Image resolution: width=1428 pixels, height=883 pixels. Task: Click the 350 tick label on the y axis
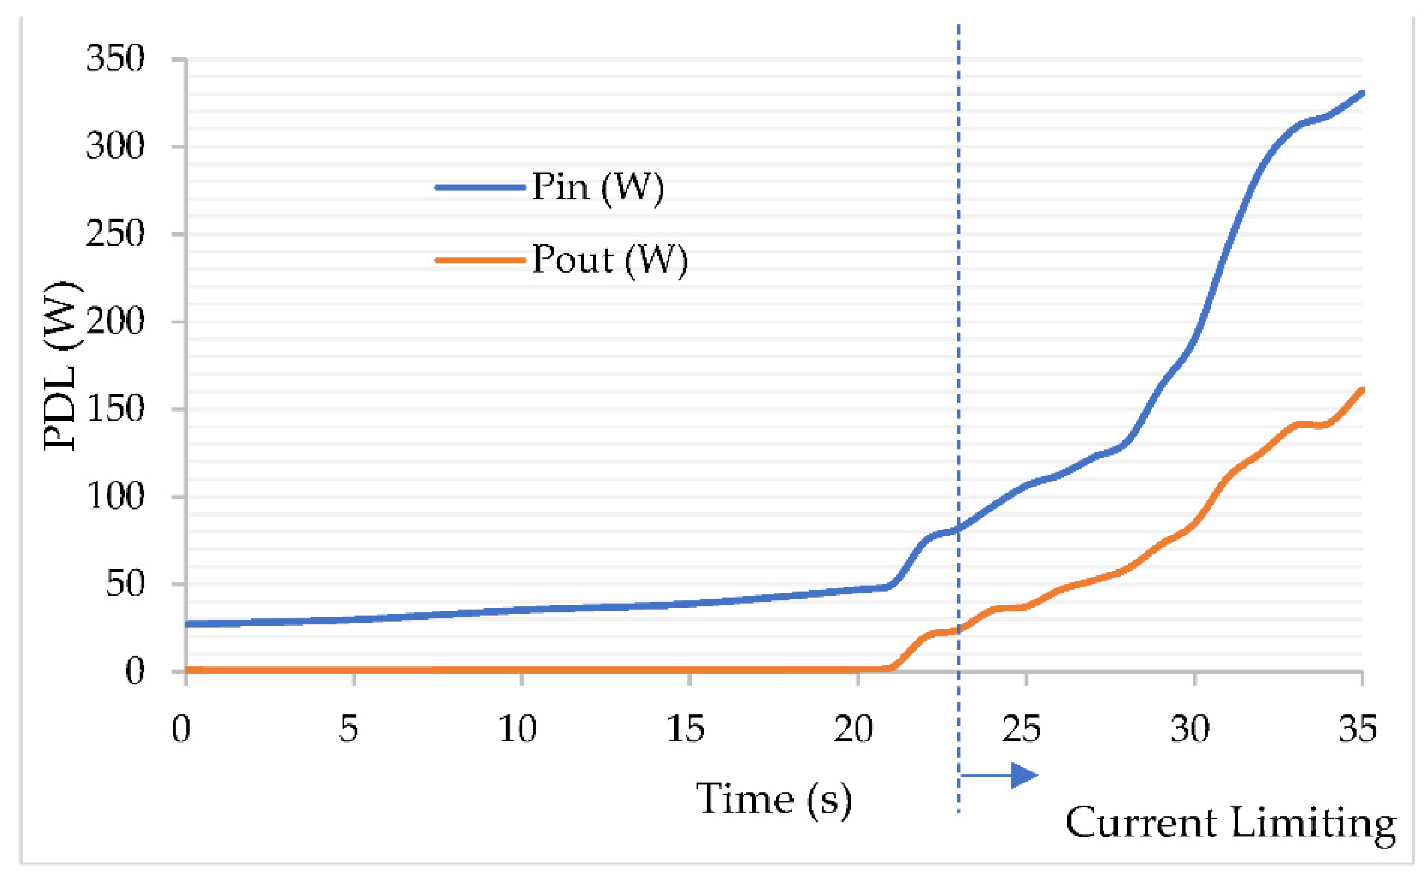click(x=115, y=58)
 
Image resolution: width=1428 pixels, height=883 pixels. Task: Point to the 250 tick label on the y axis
click(x=115, y=234)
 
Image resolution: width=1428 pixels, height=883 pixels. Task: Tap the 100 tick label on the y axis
click(x=115, y=497)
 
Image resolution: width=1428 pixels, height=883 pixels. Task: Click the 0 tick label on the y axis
click(x=135, y=671)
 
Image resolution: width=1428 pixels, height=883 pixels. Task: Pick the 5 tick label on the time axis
click(x=348, y=729)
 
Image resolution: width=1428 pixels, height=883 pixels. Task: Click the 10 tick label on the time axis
click(x=517, y=729)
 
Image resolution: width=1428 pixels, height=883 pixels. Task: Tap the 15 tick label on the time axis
click(x=685, y=729)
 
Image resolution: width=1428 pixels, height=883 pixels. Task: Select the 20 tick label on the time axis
click(x=853, y=729)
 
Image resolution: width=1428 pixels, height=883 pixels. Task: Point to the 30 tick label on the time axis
click(x=1190, y=729)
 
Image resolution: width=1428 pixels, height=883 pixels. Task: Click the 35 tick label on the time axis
click(x=1358, y=729)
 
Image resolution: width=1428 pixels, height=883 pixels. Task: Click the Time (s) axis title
click(x=773, y=799)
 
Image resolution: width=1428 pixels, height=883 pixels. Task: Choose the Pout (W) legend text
click(x=610, y=260)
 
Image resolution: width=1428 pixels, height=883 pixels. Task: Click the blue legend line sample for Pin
click(x=480, y=187)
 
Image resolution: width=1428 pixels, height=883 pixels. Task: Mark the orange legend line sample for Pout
click(x=480, y=260)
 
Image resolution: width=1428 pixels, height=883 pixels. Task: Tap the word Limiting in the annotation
click(x=1314, y=824)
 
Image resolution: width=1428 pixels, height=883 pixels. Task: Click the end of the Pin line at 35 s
click(x=1362, y=94)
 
